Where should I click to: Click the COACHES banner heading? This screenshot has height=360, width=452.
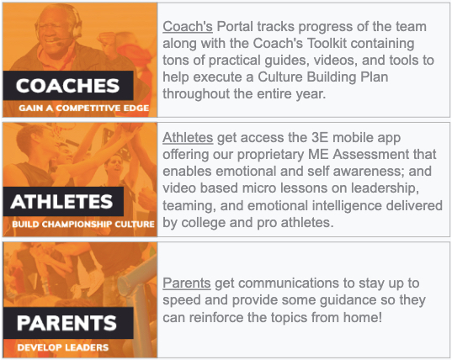[67, 86]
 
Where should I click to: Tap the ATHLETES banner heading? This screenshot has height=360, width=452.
[61, 201]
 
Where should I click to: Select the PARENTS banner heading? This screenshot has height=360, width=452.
[66, 323]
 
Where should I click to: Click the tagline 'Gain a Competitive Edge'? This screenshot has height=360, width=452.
[84, 108]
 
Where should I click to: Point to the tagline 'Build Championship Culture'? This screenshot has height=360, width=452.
[83, 224]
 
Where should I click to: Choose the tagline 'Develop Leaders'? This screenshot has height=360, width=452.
[63, 347]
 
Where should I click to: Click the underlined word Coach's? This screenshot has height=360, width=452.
[188, 27]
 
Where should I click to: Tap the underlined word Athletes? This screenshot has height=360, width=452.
[188, 137]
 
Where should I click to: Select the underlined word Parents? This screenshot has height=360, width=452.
[187, 283]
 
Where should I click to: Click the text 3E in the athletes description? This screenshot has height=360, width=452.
[320, 137]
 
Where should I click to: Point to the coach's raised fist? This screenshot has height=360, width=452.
[108, 41]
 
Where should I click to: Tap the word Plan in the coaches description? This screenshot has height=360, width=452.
[375, 77]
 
